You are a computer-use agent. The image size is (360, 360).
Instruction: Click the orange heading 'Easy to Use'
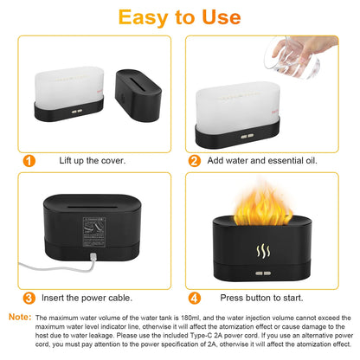(x=180, y=17)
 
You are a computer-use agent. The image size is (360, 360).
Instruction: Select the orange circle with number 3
(x=29, y=298)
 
